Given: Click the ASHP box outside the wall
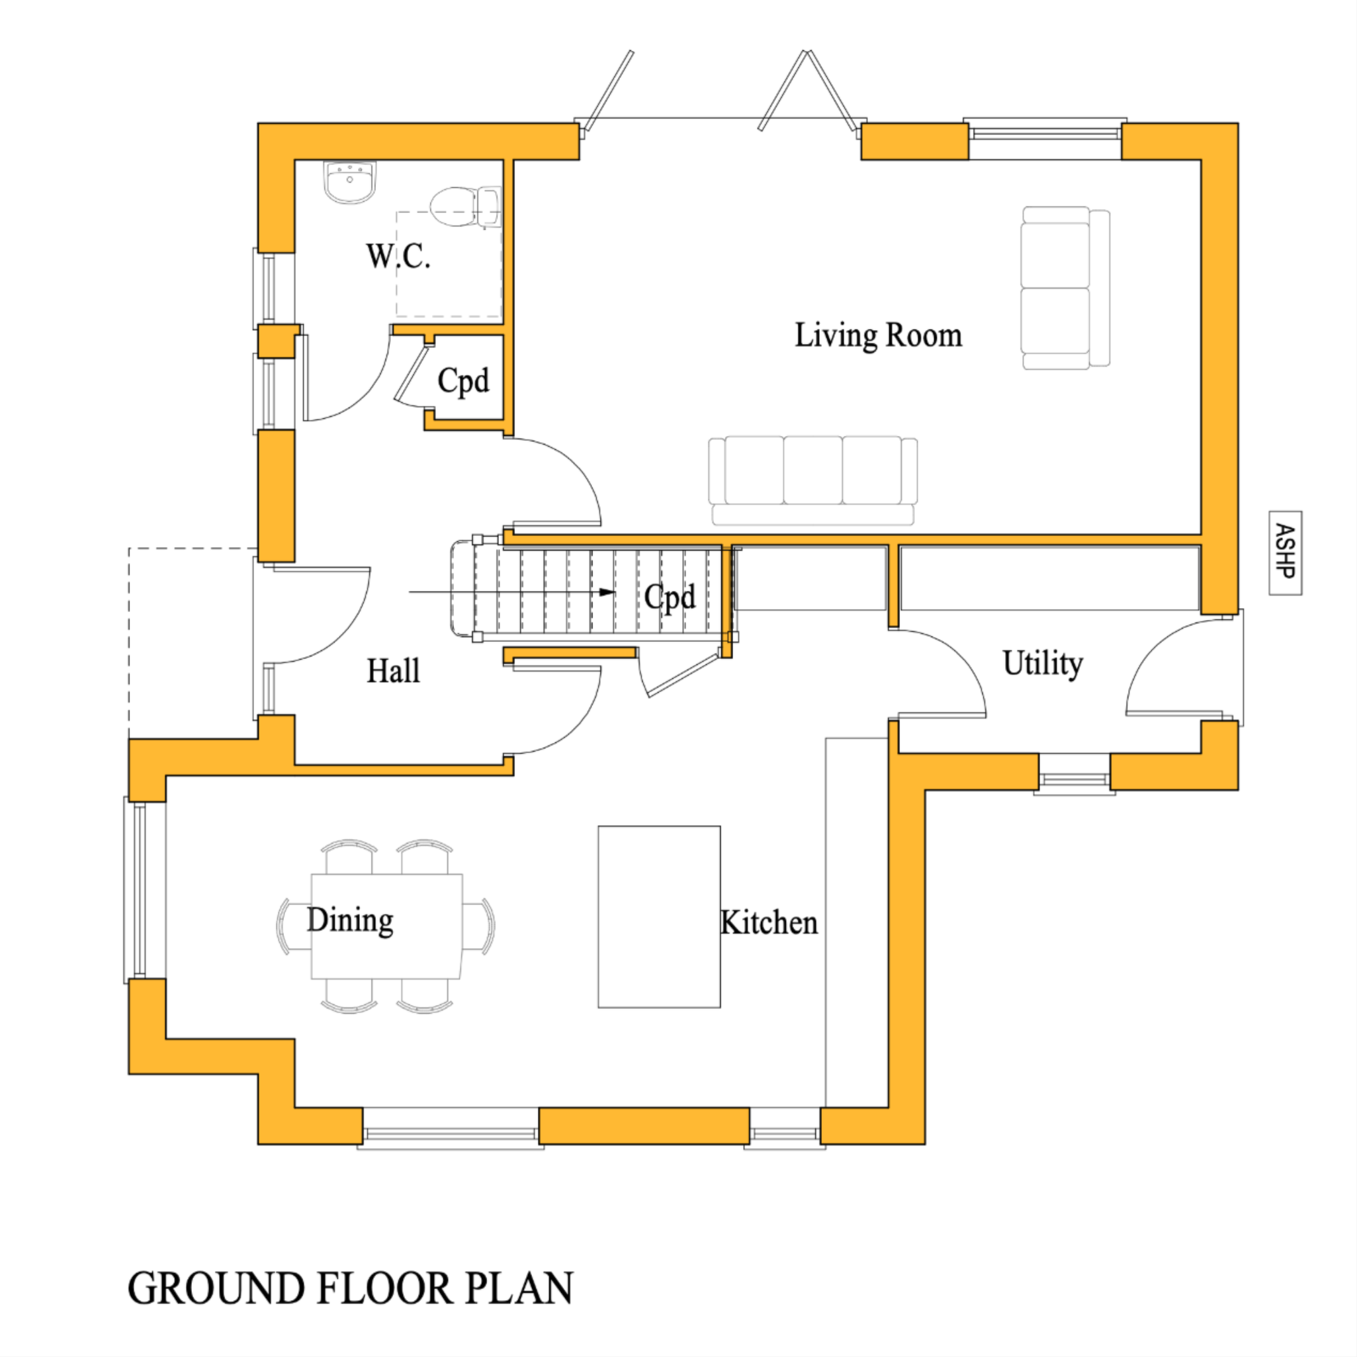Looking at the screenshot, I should (x=1285, y=552).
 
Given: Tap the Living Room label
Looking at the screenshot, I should (x=877, y=335).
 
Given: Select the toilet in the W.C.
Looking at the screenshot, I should (x=464, y=206).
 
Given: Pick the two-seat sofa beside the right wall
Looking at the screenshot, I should (x=1064, y=288).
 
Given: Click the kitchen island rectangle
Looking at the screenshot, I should (x=659, y=916).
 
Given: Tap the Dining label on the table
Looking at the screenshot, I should (x=350, y=921).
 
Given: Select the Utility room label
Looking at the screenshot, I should (x=1042, y=663).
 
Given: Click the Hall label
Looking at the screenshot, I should (x=393, y=671).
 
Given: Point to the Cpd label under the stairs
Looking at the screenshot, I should (x=670, y=597).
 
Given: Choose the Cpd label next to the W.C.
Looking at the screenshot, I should (x=463, y=381).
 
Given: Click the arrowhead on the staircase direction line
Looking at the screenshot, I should (x=608, y=592).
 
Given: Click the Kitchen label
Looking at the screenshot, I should (x=769, y=923).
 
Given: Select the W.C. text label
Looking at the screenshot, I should (x=398, y=256).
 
